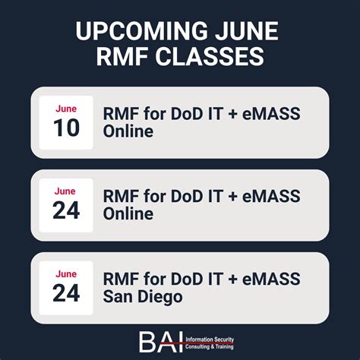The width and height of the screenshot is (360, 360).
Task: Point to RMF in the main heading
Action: (x=124, y=58)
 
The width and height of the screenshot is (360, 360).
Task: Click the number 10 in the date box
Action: (x=66, y=128)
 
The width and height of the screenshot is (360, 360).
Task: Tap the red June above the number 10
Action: (x=66, y=109)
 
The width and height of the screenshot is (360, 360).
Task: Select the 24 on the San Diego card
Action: (x=66, y=293)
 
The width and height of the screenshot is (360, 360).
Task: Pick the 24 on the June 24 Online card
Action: (x=66, y=211)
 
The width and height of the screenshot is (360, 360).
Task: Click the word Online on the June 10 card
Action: (x=128, y=131)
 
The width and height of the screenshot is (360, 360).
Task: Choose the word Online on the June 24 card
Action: (x=128, y=214)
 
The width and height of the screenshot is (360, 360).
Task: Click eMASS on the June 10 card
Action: (x=270, y=114)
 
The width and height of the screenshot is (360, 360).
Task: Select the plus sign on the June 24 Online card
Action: (x=231, y=197)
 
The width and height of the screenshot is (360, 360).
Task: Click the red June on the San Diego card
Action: (x=66, y=274)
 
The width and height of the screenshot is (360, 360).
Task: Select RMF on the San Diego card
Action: (x=119, y=279)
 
